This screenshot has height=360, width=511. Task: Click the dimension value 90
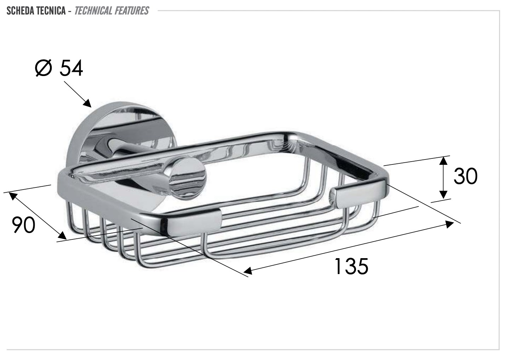[x=24, y=225]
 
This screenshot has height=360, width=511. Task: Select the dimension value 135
[x=351, y=266]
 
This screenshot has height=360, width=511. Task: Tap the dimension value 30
[x=465, y=176]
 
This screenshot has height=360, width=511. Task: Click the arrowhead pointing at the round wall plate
[x=87, y=103]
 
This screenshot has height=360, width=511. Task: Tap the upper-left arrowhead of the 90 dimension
[x=13, y=196]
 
